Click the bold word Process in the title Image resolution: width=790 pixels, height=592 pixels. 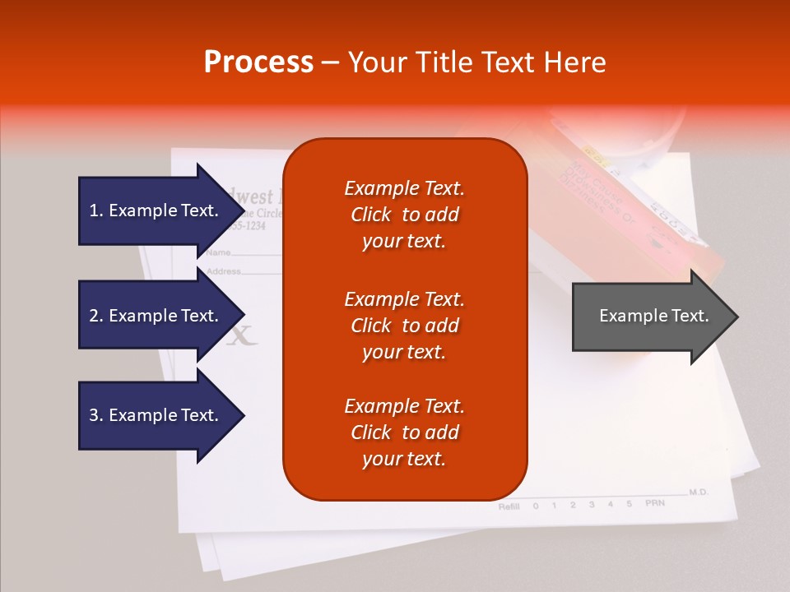pos(258,62)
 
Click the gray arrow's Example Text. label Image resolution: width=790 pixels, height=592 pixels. pos(653,316)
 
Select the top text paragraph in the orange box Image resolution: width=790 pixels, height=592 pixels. pos(404,215)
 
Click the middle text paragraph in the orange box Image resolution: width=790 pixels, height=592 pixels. pos(404,326)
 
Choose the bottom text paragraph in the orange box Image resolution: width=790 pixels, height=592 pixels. pos(404,432)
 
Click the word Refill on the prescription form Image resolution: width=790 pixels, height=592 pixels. pos(509,506)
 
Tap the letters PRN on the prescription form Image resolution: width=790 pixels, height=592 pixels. pos(654,502)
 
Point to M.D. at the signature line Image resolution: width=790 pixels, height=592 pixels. pos(699,492)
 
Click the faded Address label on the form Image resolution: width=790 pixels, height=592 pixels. pos(223,271)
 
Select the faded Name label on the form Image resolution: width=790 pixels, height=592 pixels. pos(218,252)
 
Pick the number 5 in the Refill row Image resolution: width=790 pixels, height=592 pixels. pos(630,503)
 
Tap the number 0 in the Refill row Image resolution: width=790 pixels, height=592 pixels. pos(536,506)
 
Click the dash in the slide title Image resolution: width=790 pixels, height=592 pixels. pos(331,62)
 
